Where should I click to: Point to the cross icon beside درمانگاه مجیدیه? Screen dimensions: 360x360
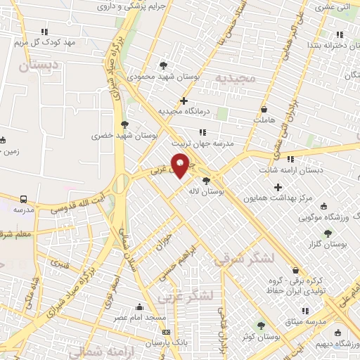(184, 101)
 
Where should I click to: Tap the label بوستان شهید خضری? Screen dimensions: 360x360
(124, 133)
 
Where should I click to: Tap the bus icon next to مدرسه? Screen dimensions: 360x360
(23, 200)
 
